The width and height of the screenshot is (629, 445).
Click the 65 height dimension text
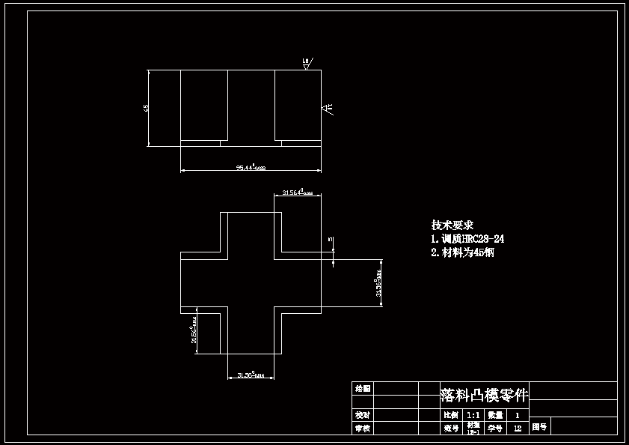tap(146, 108)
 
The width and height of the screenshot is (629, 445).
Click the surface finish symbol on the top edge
tap(307, 63)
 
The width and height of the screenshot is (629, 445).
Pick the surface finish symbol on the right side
tap(328, 109)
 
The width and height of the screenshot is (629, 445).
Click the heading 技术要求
tap(452, 225)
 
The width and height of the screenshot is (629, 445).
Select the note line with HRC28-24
tap(467, 239)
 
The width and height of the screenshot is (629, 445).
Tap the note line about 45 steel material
tap(462, 252)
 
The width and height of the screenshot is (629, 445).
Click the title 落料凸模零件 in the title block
tap(484, 395)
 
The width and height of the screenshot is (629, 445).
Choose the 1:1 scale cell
tap(473, 414)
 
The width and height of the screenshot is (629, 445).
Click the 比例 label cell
tap(450, 414)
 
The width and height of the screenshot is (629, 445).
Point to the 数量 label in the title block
tap(495, 414)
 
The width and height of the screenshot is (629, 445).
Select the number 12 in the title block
tap(518, 429)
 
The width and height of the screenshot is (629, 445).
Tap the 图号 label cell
tap(539, 429)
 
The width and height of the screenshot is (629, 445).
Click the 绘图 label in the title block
tap(363, 388)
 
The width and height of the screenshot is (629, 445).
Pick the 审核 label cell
tap(363, 429)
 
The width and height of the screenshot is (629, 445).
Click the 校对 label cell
tap(363, 414)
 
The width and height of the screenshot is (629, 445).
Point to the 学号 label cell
tap(495, 429)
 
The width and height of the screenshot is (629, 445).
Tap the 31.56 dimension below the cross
tap(251, 374)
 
